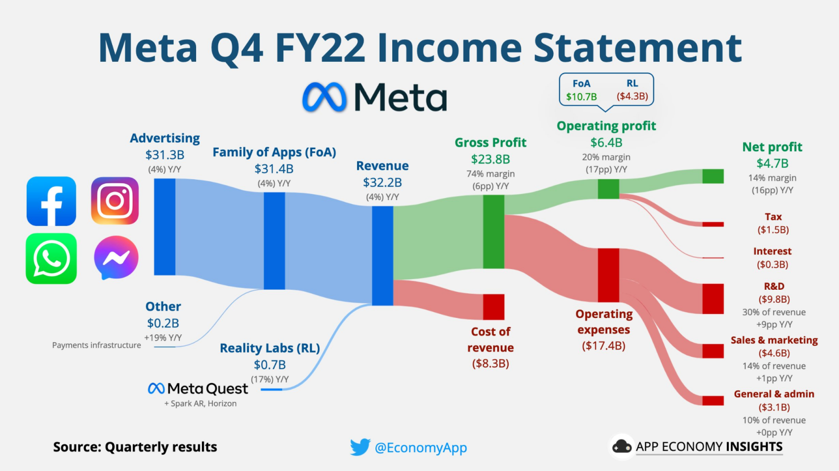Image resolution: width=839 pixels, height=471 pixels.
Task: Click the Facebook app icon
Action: point(51,201)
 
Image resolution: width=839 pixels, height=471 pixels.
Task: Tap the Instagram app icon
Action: point(115,201)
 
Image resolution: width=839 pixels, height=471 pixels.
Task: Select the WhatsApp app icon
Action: point(51,258)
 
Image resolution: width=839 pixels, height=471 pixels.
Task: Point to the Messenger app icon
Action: point(116,258)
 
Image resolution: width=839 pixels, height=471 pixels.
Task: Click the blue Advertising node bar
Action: point(165,227)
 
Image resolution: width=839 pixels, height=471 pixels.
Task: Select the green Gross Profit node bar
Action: point(493,232)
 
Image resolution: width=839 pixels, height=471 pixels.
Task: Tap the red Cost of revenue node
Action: point(493,307)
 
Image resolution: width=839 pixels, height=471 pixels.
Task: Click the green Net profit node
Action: point(713,176)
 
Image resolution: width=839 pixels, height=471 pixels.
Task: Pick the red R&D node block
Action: point(713,299)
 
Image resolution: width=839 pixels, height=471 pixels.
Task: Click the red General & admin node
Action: point(713,401)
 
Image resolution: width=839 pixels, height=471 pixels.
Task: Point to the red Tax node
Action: point(713,224)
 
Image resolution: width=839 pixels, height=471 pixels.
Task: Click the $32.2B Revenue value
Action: point(382,182)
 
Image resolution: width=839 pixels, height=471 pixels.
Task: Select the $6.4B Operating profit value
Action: point(606,143)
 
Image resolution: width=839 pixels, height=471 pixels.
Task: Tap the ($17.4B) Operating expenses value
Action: point(604,346)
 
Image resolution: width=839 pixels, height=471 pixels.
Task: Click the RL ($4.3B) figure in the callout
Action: point(632,96)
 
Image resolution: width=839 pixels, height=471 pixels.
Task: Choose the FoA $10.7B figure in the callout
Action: point(582,96)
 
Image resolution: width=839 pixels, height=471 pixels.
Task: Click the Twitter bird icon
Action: point(360,447)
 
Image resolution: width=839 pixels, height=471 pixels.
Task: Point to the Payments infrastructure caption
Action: point(96,345)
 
